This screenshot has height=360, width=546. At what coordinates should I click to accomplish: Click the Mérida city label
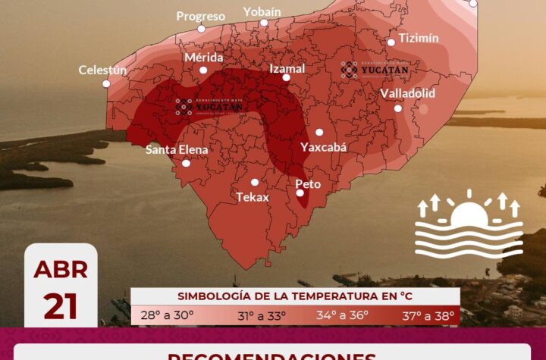(x=204, y=58)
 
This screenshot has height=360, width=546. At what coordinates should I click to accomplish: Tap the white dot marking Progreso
(x=201, y=29)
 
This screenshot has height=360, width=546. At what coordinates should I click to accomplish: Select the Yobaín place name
(x=262, y=11)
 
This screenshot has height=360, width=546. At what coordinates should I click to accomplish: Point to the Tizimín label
(x=419, y=38)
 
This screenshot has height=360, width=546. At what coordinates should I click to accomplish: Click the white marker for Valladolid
(x=398, y=108)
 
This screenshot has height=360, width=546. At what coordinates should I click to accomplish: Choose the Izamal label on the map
(x=287, y=68)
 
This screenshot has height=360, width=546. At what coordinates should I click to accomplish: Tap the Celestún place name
(x=102, y=70)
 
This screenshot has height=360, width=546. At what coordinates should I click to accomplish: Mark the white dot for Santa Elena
(x=186, y=163)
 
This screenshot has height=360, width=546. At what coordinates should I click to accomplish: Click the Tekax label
(x=253, y=197)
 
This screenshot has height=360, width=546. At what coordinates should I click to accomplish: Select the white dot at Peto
(x=300, y=193)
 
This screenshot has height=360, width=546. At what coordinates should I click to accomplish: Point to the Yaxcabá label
(x=324, y=147)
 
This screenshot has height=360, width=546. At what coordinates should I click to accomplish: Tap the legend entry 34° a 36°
(x=343, y=315)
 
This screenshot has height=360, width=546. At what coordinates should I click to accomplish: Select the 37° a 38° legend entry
(x=428, y=315)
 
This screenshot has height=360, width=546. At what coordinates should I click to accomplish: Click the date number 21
(x=61, y=307)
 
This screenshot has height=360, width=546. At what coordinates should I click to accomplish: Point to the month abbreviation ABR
(x=61, y=270)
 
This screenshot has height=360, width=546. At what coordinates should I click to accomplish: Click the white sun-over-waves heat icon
(x=469, y=225)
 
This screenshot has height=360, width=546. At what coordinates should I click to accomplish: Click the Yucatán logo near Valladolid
(x=375, y=70)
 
